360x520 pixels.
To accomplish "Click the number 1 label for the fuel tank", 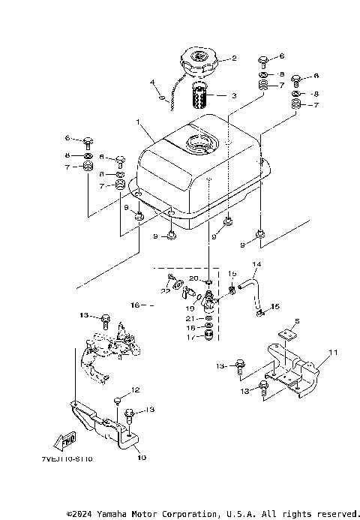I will (137, 122).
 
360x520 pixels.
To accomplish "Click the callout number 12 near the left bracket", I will (136, 389).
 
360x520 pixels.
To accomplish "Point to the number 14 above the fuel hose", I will (256, 265).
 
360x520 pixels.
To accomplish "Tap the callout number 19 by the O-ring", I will (190, 308).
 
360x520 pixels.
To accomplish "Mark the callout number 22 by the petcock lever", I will (163, 290).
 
